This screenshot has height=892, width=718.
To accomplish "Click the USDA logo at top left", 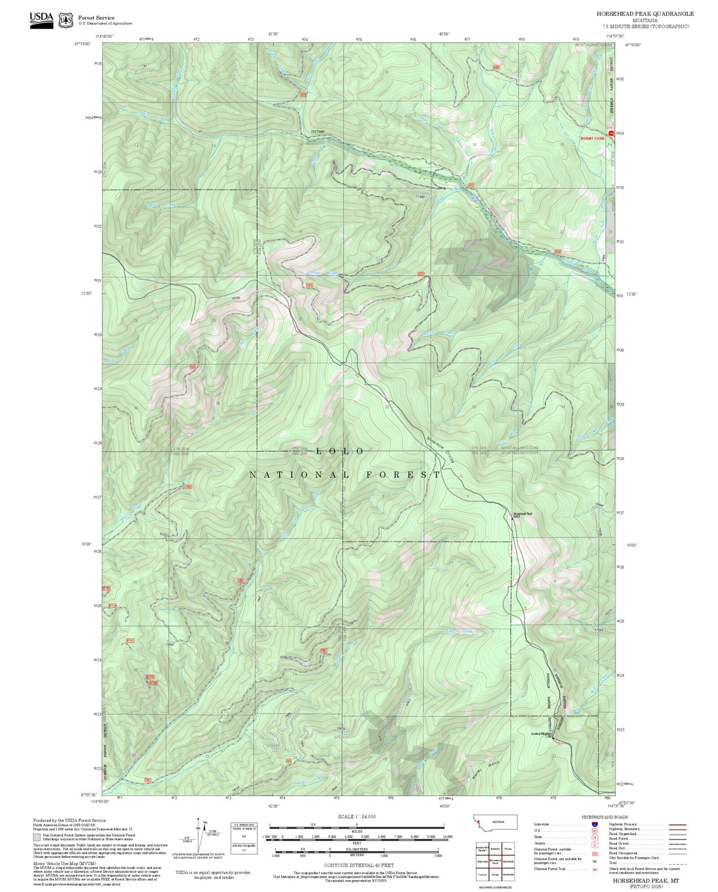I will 41,20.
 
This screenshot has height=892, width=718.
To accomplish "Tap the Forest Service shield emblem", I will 66,20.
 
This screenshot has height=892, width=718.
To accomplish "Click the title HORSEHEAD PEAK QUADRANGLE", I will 645,14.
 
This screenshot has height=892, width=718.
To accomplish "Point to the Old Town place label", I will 318,131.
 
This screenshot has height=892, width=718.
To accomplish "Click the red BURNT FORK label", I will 592,139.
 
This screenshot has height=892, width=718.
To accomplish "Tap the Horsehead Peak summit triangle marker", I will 513,518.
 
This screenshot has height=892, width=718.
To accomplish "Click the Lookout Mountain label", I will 542,734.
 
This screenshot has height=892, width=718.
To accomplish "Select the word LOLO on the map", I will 340,451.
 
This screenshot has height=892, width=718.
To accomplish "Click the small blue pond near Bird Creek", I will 576,711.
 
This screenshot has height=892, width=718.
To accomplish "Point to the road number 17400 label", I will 420,197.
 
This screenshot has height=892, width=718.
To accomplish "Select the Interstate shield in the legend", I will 595,824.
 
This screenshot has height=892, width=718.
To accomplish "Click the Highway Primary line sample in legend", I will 678,824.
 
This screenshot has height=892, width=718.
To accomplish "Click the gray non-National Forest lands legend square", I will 37,837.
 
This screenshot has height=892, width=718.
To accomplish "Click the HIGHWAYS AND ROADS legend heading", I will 605,817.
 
